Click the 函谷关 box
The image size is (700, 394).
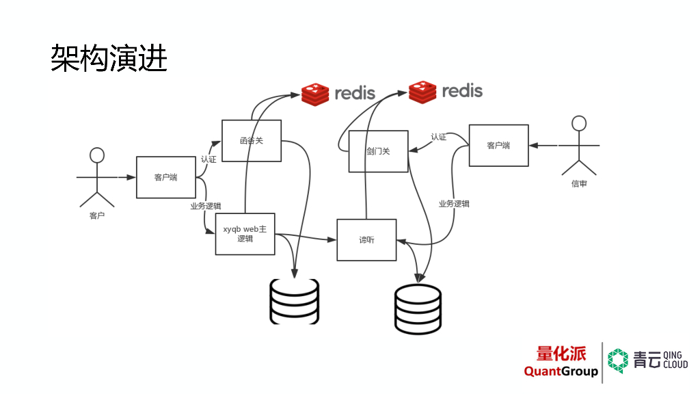251,141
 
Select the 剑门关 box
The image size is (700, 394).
378,151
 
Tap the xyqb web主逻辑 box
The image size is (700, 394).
245,234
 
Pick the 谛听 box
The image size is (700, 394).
366,240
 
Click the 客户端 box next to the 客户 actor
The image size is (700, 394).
165,177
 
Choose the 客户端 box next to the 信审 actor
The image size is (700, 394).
498,145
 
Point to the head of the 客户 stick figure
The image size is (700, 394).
97,155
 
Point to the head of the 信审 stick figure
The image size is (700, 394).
579,123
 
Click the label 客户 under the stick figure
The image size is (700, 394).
97,216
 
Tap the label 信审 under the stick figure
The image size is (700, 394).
579,184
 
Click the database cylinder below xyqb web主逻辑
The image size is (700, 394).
294,301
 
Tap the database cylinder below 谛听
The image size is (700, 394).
418,310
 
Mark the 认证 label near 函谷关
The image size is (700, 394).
208,159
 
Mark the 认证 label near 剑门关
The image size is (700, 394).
438,137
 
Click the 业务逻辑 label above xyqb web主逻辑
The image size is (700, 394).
205,206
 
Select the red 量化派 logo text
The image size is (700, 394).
561,353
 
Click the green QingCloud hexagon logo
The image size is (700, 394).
618,361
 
